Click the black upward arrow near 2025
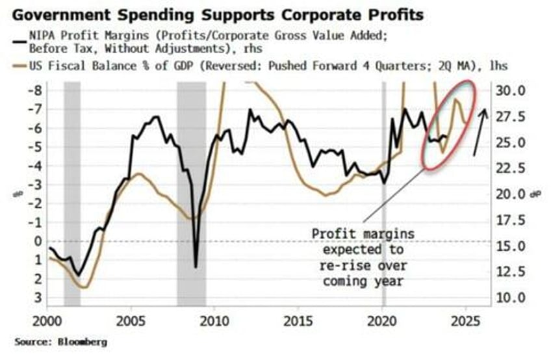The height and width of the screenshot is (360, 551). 480,133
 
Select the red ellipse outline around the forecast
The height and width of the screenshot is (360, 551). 425,159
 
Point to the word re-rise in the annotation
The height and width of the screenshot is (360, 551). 345,266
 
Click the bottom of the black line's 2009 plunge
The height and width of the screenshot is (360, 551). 195,266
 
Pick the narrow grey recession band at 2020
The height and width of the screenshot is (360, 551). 383,195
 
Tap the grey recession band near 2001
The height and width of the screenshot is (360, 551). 71,195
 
